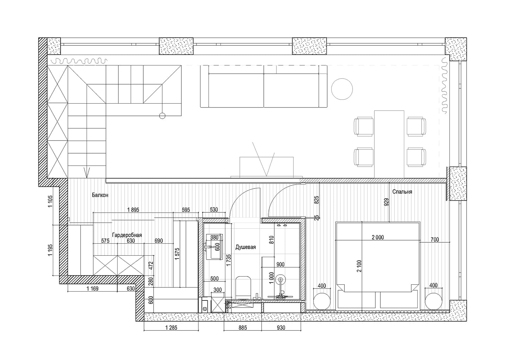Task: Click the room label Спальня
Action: (402, 192)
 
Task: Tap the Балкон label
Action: (100, 195)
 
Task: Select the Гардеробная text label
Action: (127, 235)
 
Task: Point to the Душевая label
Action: (245, 247)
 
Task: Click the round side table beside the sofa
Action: (342, 89)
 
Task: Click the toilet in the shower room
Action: (243, 287)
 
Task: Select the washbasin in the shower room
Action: (214, 247)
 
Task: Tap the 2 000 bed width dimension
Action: (378, 237)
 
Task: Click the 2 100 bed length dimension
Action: (359, 266)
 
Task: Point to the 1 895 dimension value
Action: (133, 210)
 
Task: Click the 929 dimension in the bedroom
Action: (386, 202)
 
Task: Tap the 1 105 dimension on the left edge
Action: (50, 201)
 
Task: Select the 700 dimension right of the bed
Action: (435, 239)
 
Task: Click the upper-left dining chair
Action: (363, 126)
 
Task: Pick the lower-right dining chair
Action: (416, 157)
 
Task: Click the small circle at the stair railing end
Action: (162, 116)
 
